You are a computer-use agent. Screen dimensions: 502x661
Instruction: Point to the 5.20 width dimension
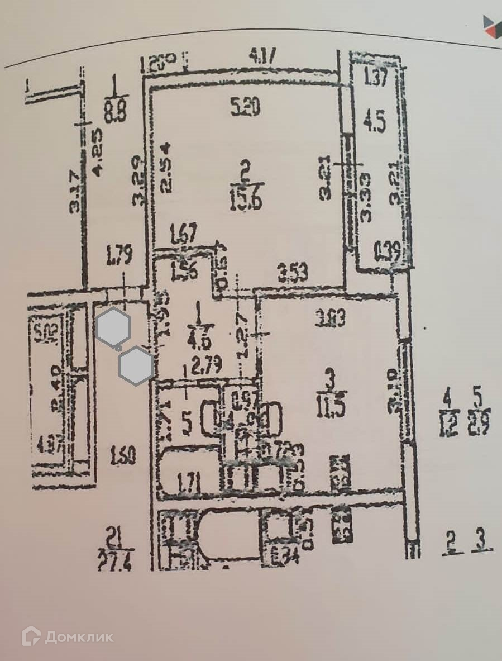(245, 108)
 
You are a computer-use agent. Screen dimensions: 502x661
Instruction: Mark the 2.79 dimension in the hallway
(207, 366)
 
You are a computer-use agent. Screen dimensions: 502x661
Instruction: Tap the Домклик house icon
(31, 636)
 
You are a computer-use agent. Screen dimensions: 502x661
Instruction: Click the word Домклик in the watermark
(79, 637)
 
